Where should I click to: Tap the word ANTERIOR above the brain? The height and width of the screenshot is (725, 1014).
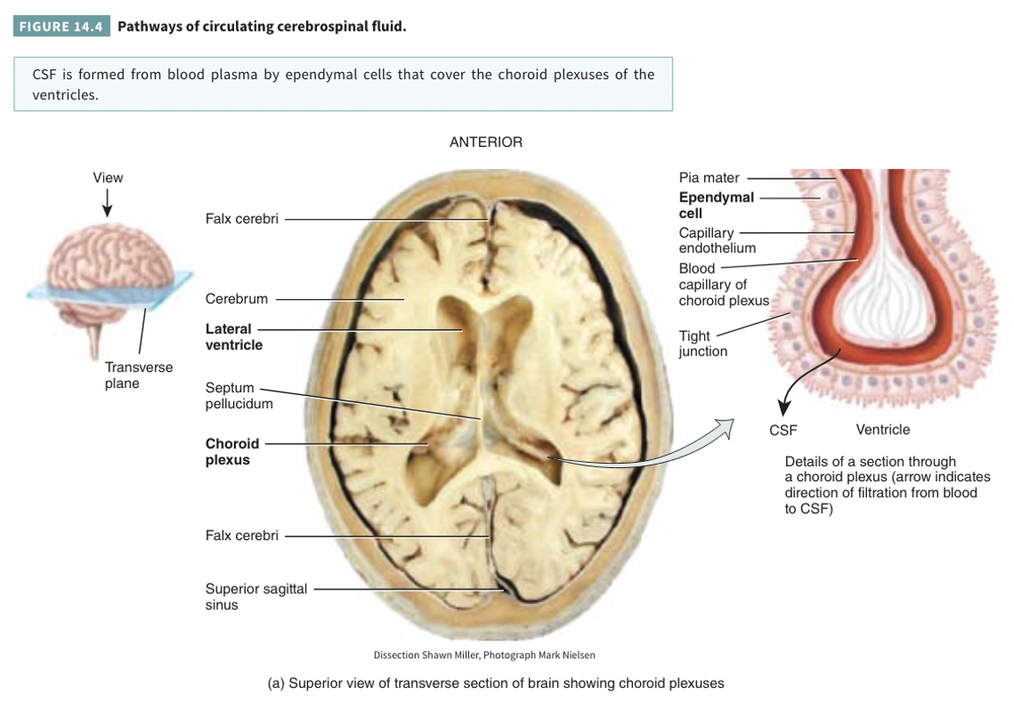point(486,142)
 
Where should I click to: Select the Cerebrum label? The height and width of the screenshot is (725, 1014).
point(236,299)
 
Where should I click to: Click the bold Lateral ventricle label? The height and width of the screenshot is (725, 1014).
point(233,337)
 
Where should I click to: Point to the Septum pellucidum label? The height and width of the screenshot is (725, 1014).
point(239,396)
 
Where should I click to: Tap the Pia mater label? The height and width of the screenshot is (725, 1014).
point(709,178)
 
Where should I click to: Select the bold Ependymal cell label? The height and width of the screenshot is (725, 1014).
point(716,205)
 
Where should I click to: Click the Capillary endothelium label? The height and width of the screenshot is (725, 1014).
point(716,240)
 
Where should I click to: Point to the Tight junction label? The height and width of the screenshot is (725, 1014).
point(702,343)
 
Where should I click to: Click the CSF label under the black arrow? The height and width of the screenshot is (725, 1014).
point(783,430)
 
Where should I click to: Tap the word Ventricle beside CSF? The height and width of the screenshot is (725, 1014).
point(883,430)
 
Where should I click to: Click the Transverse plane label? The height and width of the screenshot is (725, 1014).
point(138,375)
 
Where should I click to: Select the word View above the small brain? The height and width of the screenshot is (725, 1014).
point(108,178)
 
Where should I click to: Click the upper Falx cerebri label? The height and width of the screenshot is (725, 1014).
point(241,218)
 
